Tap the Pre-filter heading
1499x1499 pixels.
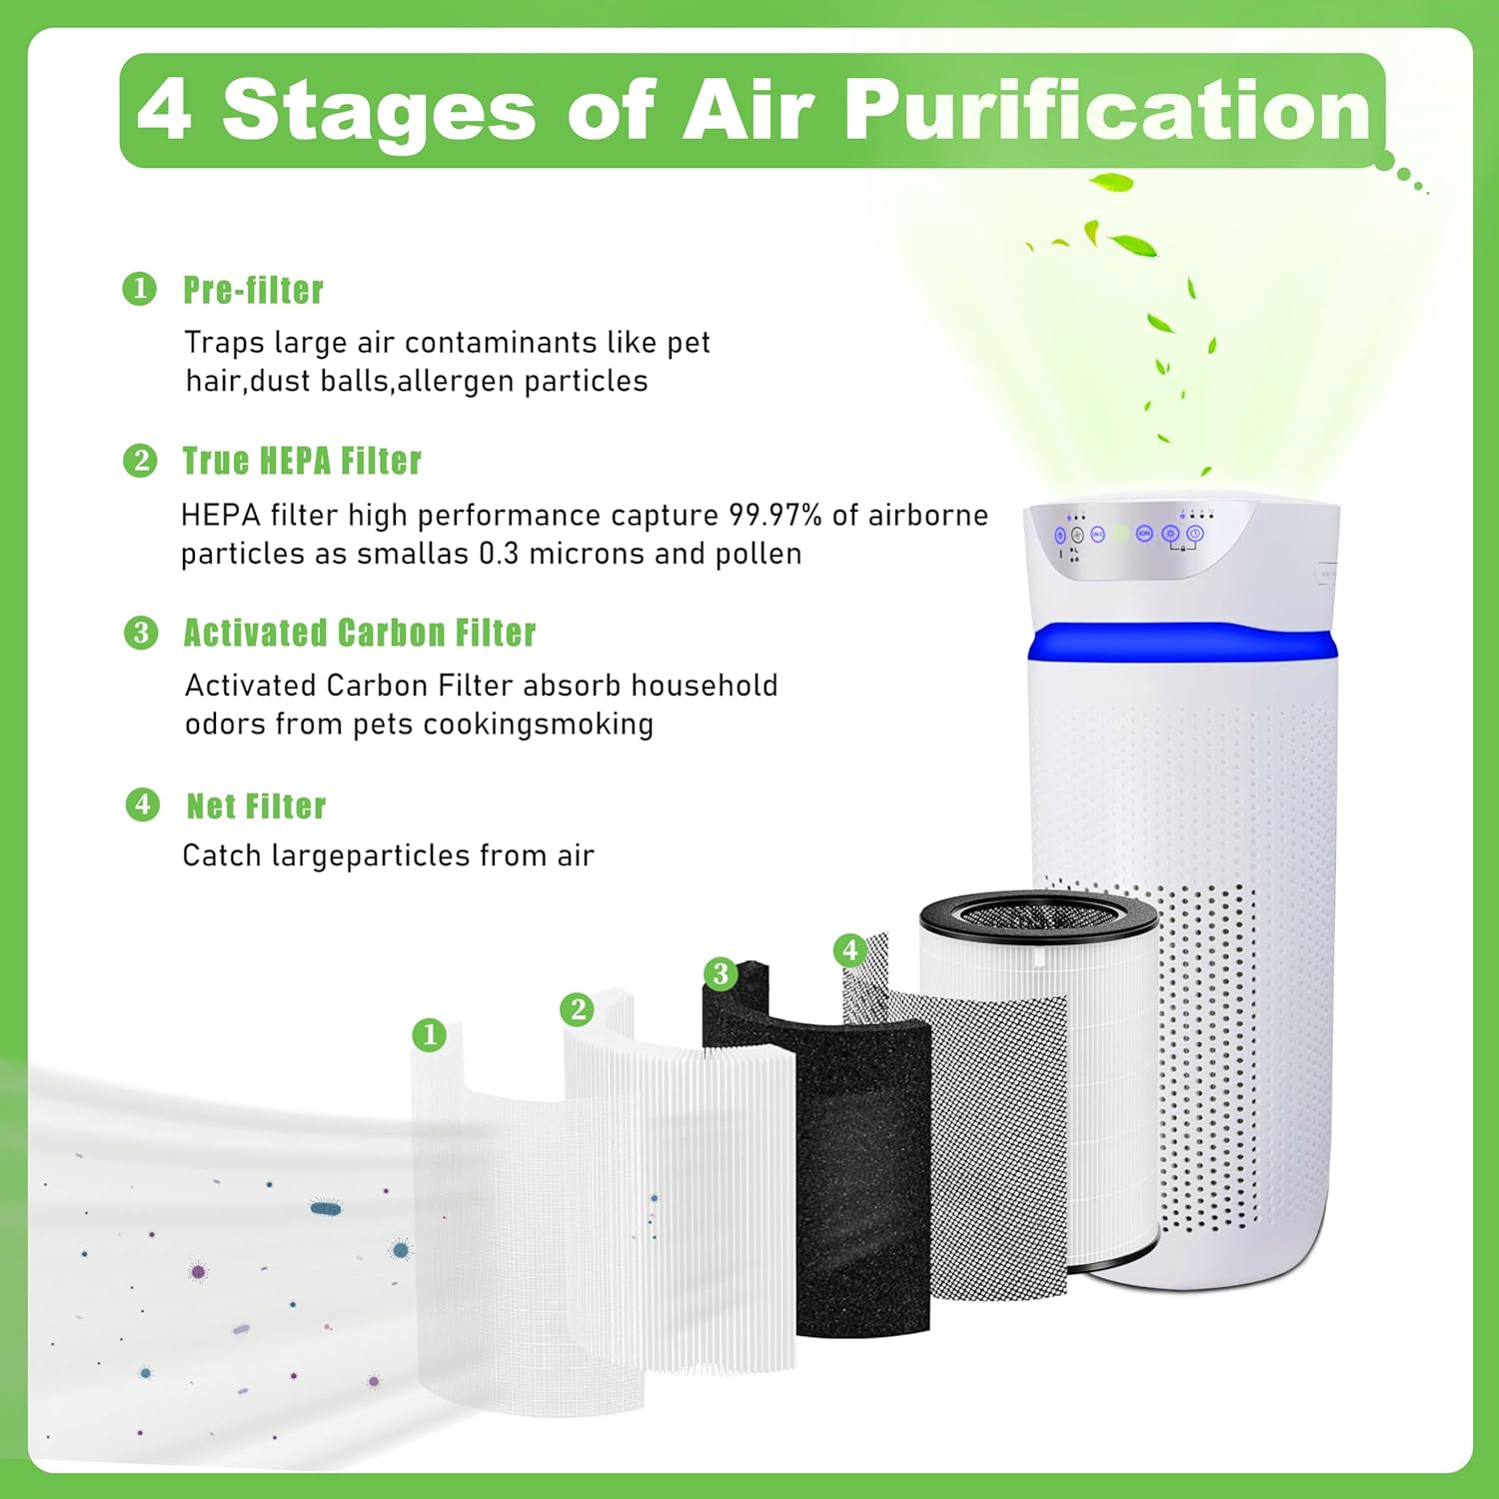[x=253, y=291]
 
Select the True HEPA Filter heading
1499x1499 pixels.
[x=302, y=462]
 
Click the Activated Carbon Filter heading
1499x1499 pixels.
[x=360, y=634]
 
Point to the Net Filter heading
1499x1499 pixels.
[x=257, y=806]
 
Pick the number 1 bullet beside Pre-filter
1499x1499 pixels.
[x=140, y=290]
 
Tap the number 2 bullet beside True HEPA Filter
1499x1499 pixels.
[x=140, y=462]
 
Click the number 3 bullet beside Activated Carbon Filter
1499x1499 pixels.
[x=141, y=634]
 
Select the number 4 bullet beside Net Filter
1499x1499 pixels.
[x=142, y=805]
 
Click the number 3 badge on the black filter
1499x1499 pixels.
[x=721, y=973]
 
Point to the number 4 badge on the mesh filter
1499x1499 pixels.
[x=849, y=949]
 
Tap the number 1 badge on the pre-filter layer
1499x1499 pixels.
[x=430, y=1034]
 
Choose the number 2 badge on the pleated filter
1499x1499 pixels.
[x=578, y=1009]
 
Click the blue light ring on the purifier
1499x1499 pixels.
[x=1183, y=642]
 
